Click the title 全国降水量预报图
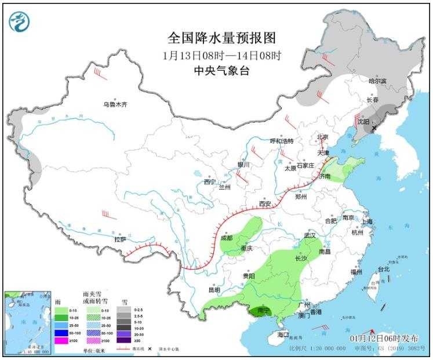(x=221, y=38)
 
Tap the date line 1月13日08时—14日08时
(x=221, y=56)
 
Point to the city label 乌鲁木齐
(x=115, y=105)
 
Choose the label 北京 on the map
(x=322, y=137)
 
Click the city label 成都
(x=226, y=238)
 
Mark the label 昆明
(x=214, y=290)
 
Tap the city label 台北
(x=384, y=269)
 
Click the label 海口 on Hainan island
(x=283, y=335)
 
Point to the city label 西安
(x=265, y=204)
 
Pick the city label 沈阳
(x=363, y=122)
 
